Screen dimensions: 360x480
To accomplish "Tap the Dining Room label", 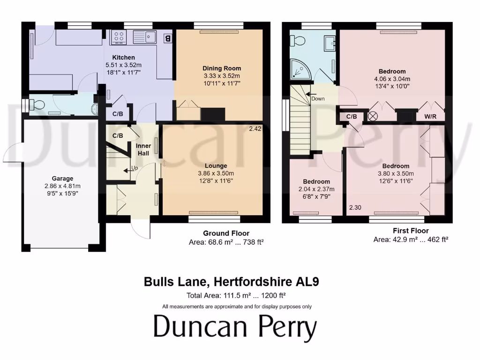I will pos(222,68).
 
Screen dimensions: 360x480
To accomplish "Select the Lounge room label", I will pos(216,166).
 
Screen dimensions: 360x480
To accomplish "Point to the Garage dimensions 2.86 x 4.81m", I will pos(63,186).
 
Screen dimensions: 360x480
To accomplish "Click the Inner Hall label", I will pos(143,149).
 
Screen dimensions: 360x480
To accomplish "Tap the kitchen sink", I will pos(146,37).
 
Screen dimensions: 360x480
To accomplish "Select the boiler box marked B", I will pos(167,38).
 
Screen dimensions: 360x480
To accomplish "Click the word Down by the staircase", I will pos(317,99).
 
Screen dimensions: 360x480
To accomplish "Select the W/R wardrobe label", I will pos(430,116).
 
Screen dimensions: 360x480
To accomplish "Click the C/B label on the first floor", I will pos(352,116).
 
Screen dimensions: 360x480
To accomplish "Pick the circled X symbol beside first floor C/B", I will pos(373,116).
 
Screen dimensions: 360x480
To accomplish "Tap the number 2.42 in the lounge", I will pos(255,128).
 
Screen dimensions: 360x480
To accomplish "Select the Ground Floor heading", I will pos(226,233).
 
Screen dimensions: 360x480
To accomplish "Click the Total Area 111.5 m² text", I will pos(236,296).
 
